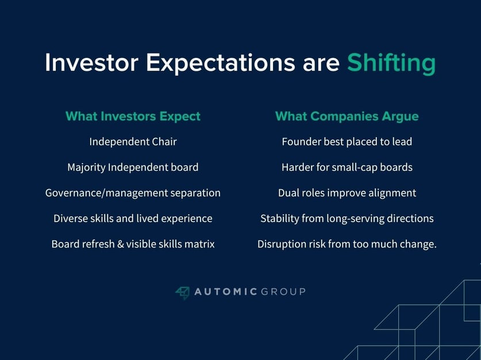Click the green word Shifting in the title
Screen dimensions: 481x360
[x=391, y=63]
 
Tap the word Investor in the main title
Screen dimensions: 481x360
[x=91, y=63]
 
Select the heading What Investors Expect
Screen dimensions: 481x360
[x=133, y=117]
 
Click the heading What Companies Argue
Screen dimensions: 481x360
[x=347, y=117]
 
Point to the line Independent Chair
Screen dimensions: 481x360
[x=133, y=142]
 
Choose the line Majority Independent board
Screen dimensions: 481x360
[x=133, y=168]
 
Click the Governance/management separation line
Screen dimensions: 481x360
[x=133, y=193]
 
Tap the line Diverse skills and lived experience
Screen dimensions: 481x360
[x=133, y=218]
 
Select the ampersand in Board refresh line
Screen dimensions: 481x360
[x=121, y=244]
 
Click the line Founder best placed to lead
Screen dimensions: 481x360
[x=347, y=142]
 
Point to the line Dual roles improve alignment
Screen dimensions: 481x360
[x=347, y=193]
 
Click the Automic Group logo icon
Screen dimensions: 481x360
[x=182, y=293]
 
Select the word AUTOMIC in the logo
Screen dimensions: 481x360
[x=225, y=292]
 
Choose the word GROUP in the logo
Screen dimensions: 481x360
[x=283, y=292]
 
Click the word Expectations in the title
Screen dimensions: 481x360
[x=221, y=63]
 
